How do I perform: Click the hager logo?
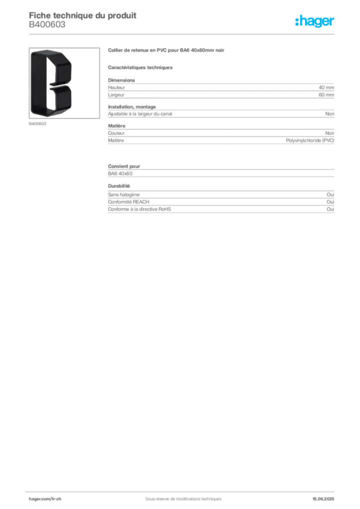[315, 21]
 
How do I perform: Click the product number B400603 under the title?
[47, 25]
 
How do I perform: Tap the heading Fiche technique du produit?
[83, 15]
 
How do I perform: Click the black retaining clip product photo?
[51, 83]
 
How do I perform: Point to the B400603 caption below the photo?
[38, 124]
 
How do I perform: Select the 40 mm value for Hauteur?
[326, 87]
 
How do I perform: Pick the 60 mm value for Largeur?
[326, 95]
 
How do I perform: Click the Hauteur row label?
[116, 87]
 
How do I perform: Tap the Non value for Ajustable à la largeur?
[330, 114]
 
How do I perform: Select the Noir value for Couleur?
[330, 133]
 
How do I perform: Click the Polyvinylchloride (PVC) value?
[310, 140]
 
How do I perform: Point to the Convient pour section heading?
[124, 166]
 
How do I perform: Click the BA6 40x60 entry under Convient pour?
[120, 173]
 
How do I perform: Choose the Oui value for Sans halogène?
[331, 194]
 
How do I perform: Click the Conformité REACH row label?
[129, 202]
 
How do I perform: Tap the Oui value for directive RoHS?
[331, 209]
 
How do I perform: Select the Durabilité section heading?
[119, 186]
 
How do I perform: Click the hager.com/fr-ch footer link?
[45, 499]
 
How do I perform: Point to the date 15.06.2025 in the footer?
[323, 499]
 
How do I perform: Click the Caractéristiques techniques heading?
[140, 68]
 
